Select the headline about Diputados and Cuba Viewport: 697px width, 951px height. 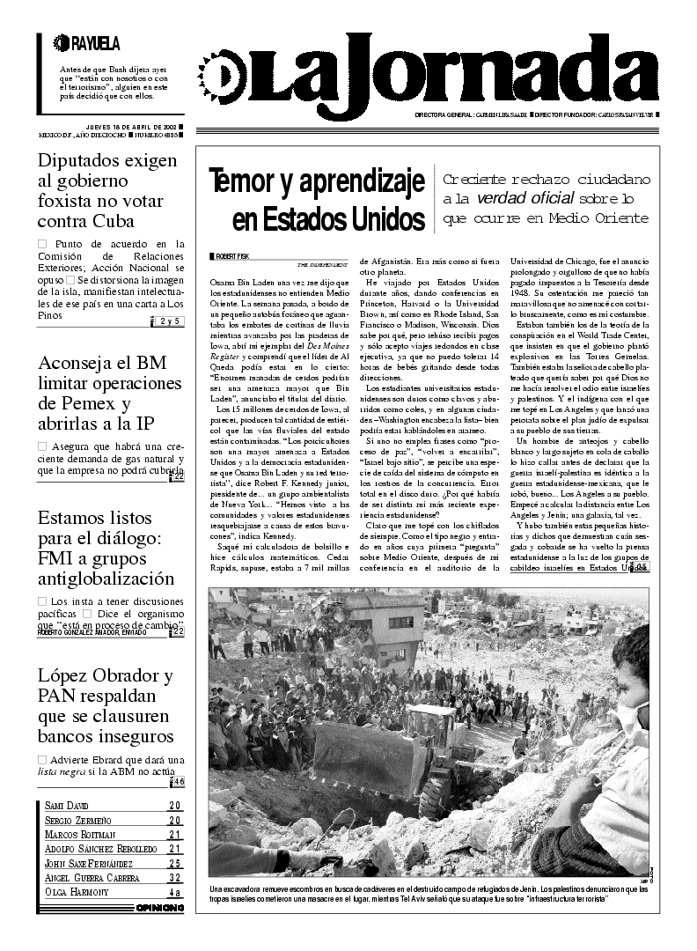pyautogui.click(x=107, y=191)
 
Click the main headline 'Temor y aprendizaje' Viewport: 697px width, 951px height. pyautogui.click(x=316, y=199)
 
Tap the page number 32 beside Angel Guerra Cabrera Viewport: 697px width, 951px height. pyautogui.click(x=175, y=878)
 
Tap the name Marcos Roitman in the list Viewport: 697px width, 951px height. pyautogui.click(x=81, y=835)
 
